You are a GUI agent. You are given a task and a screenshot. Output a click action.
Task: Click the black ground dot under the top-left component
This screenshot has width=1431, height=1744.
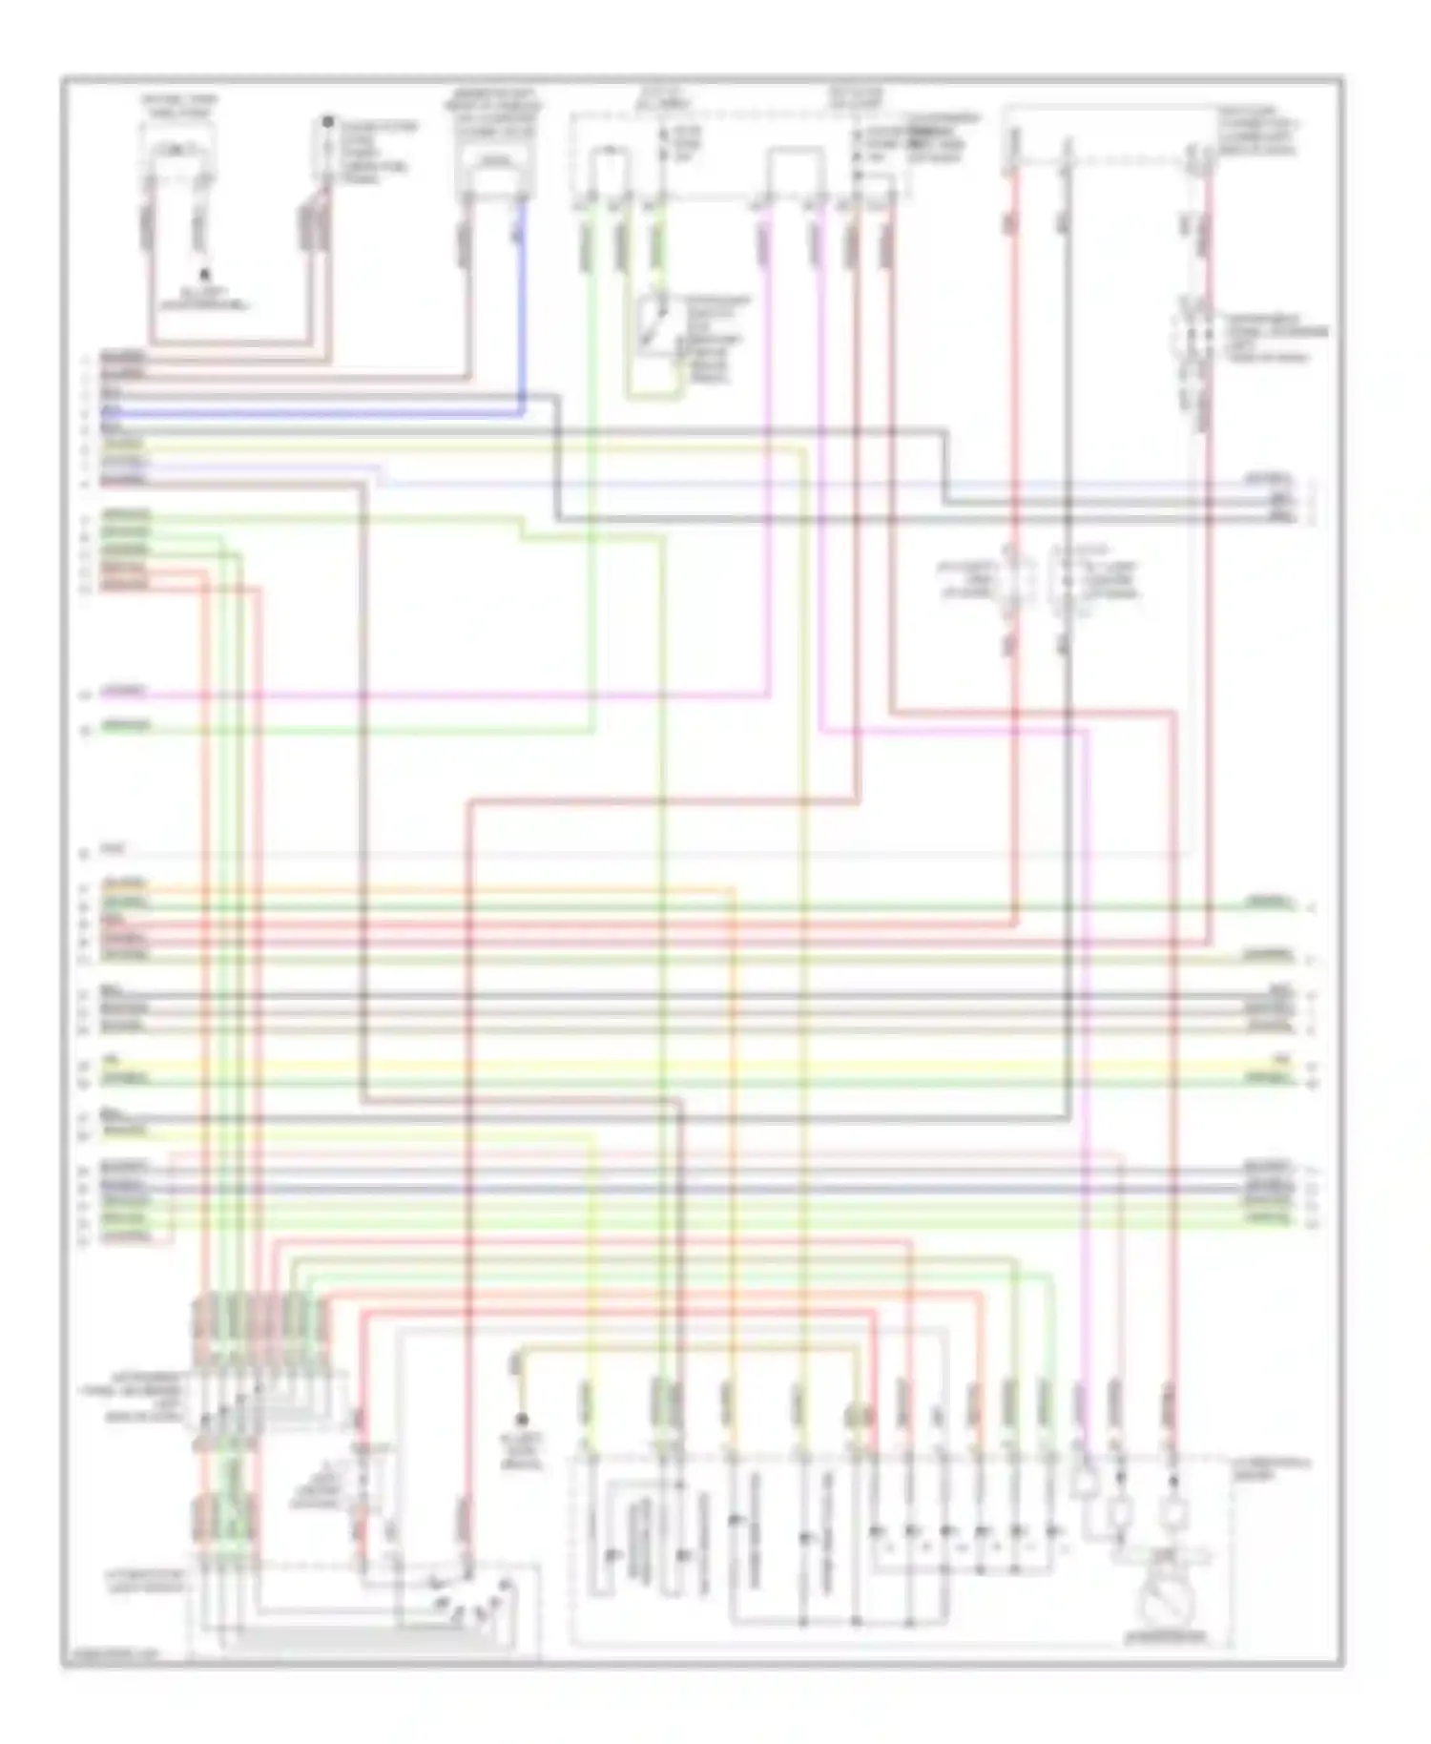(x=203, y=274)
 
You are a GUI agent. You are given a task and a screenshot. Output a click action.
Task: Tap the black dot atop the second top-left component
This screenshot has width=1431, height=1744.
(x=326, y=122)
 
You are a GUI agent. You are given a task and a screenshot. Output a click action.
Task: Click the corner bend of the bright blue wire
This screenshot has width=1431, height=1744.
(x=522, y=412)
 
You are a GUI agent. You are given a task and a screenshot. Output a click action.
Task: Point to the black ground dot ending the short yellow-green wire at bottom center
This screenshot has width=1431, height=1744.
(x=521, y=1420)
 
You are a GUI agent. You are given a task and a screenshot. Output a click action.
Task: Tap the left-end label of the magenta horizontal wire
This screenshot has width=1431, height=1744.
(x=124, y=690)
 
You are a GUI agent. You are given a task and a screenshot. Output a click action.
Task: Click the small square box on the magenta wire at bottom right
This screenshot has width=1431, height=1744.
(x=1084, y=1482)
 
